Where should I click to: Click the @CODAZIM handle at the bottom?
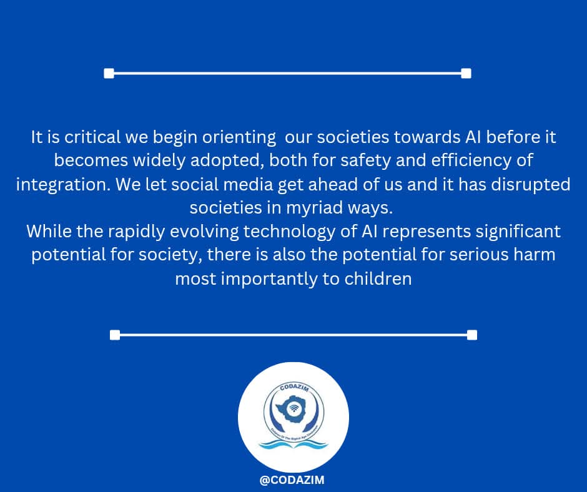293,480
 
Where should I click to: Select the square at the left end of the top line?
109,74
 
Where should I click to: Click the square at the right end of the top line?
466,74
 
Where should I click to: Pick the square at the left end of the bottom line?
115,335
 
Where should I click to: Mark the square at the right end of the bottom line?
472,335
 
